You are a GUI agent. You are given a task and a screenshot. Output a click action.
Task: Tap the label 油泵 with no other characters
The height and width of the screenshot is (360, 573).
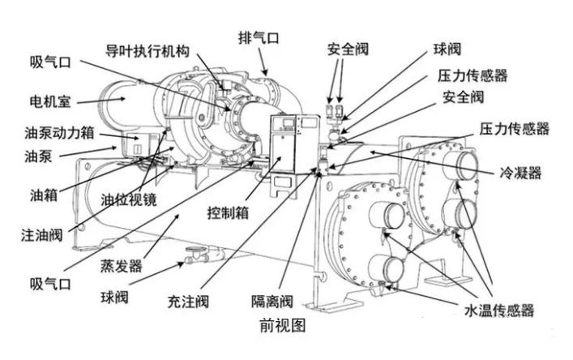coord(33,152)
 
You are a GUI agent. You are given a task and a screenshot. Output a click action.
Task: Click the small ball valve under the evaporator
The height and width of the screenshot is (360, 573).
coord(195,253)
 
